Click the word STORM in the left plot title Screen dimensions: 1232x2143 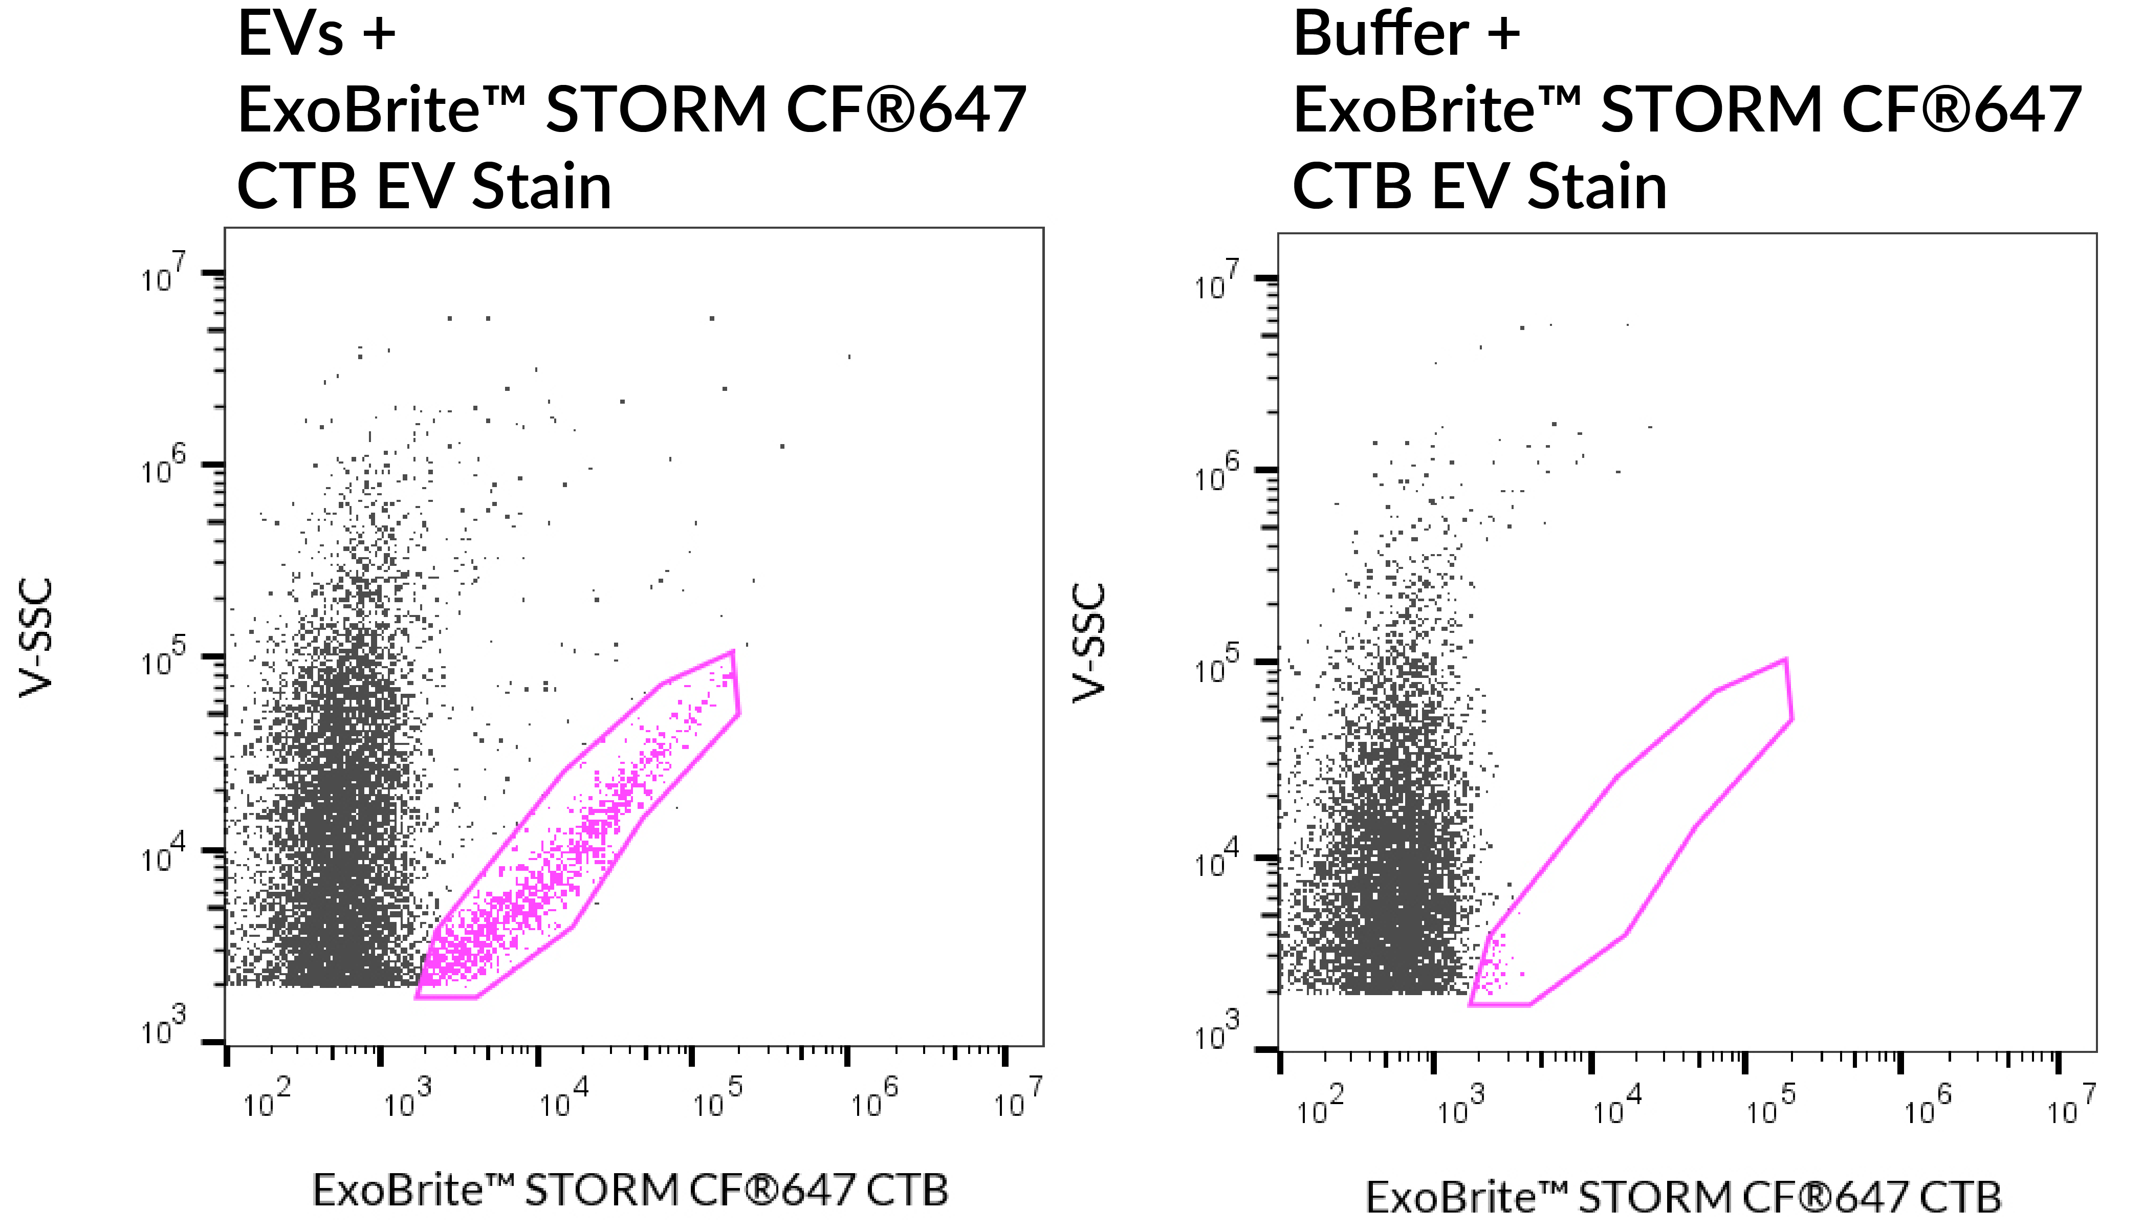(x=655, y=110)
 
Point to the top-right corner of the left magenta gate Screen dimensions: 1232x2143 (x=733, y=651)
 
